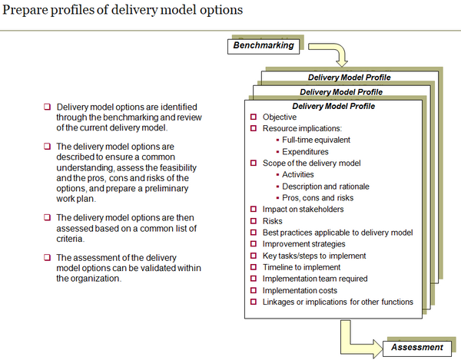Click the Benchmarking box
click(x=264, y=45)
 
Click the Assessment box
click(x=416, y=347)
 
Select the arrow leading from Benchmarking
click(x=337, y=55)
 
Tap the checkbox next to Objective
click(x=254, y=117)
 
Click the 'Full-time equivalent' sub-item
click(x=316, y=140)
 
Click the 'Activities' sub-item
click(x=298, y=174)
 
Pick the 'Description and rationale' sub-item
click(x=325, y=186)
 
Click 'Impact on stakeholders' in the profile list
click(x=303, y=209)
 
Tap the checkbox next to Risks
click(x=254, y=220)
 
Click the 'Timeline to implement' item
click(x=300, y=267)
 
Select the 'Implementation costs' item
click(x=300, y=290)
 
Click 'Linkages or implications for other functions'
click(x=337, y=302)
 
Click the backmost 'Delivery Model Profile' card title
click(x=349, y=78)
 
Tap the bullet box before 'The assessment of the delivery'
click(x=47, y=258)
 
